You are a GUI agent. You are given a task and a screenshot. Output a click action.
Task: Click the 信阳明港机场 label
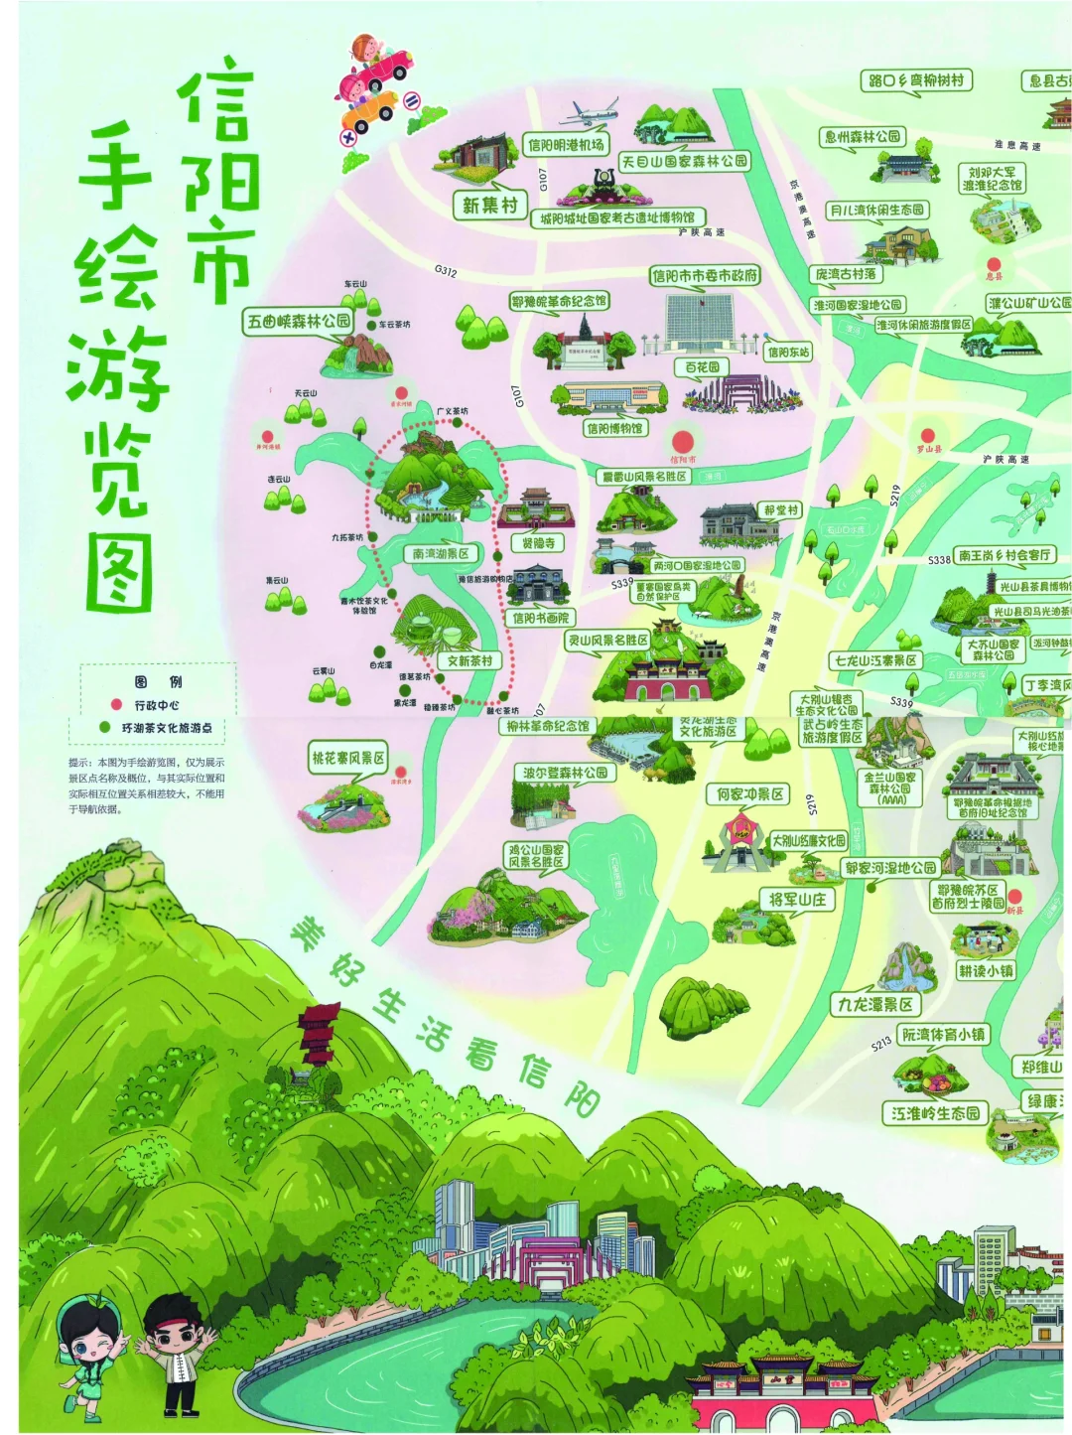pos(566,145)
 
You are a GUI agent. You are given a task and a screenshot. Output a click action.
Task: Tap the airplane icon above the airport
pos(593,111)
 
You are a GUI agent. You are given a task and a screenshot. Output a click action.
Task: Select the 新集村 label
pos(489,206)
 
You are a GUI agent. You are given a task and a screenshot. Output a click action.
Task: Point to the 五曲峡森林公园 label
pos(299,321)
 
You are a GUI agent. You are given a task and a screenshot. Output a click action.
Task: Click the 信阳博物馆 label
pos(614,428)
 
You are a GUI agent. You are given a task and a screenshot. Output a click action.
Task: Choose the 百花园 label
pos(703,367)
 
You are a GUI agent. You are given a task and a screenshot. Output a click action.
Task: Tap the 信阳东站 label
pos(788,352)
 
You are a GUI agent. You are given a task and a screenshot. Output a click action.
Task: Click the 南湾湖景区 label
pos(441,553)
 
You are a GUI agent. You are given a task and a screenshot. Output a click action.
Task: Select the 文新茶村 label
pos(469,660)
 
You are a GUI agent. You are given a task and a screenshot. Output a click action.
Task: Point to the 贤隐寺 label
pos(538,543)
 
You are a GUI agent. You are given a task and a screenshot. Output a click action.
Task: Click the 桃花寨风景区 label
pos(347,758)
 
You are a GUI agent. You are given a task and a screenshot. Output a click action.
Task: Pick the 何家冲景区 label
pos(750,794)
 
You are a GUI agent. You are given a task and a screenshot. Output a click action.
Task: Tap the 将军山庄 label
pos(797,900)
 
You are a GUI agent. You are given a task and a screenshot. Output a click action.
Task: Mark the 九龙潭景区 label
pos(873,1004)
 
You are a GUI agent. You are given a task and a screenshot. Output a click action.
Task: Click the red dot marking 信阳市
pos(682,441)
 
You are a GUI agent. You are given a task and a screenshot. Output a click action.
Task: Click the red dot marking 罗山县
pos(927,435)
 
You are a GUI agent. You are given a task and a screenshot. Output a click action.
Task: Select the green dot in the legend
pos(105,728)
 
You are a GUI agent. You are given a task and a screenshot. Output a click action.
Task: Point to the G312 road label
pos(446,271)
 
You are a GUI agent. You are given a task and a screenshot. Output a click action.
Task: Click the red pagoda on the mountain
pos(319,1033)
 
